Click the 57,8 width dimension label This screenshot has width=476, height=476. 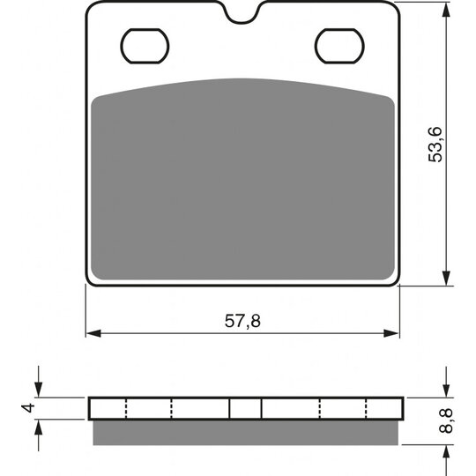point(242,321)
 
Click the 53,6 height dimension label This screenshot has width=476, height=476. point(435,145)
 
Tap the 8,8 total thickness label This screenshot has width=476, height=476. point(446,420)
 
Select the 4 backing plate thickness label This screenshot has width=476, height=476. point(28,408)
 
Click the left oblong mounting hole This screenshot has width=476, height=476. point(145,46)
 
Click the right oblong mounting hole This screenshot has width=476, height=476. point(339,46)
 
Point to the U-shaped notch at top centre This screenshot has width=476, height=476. point(242,18)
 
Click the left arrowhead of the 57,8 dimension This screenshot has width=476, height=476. point(93,333)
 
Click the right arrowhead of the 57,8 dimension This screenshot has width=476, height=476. point(391,333)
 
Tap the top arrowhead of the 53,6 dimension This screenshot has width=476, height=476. point(446,10)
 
